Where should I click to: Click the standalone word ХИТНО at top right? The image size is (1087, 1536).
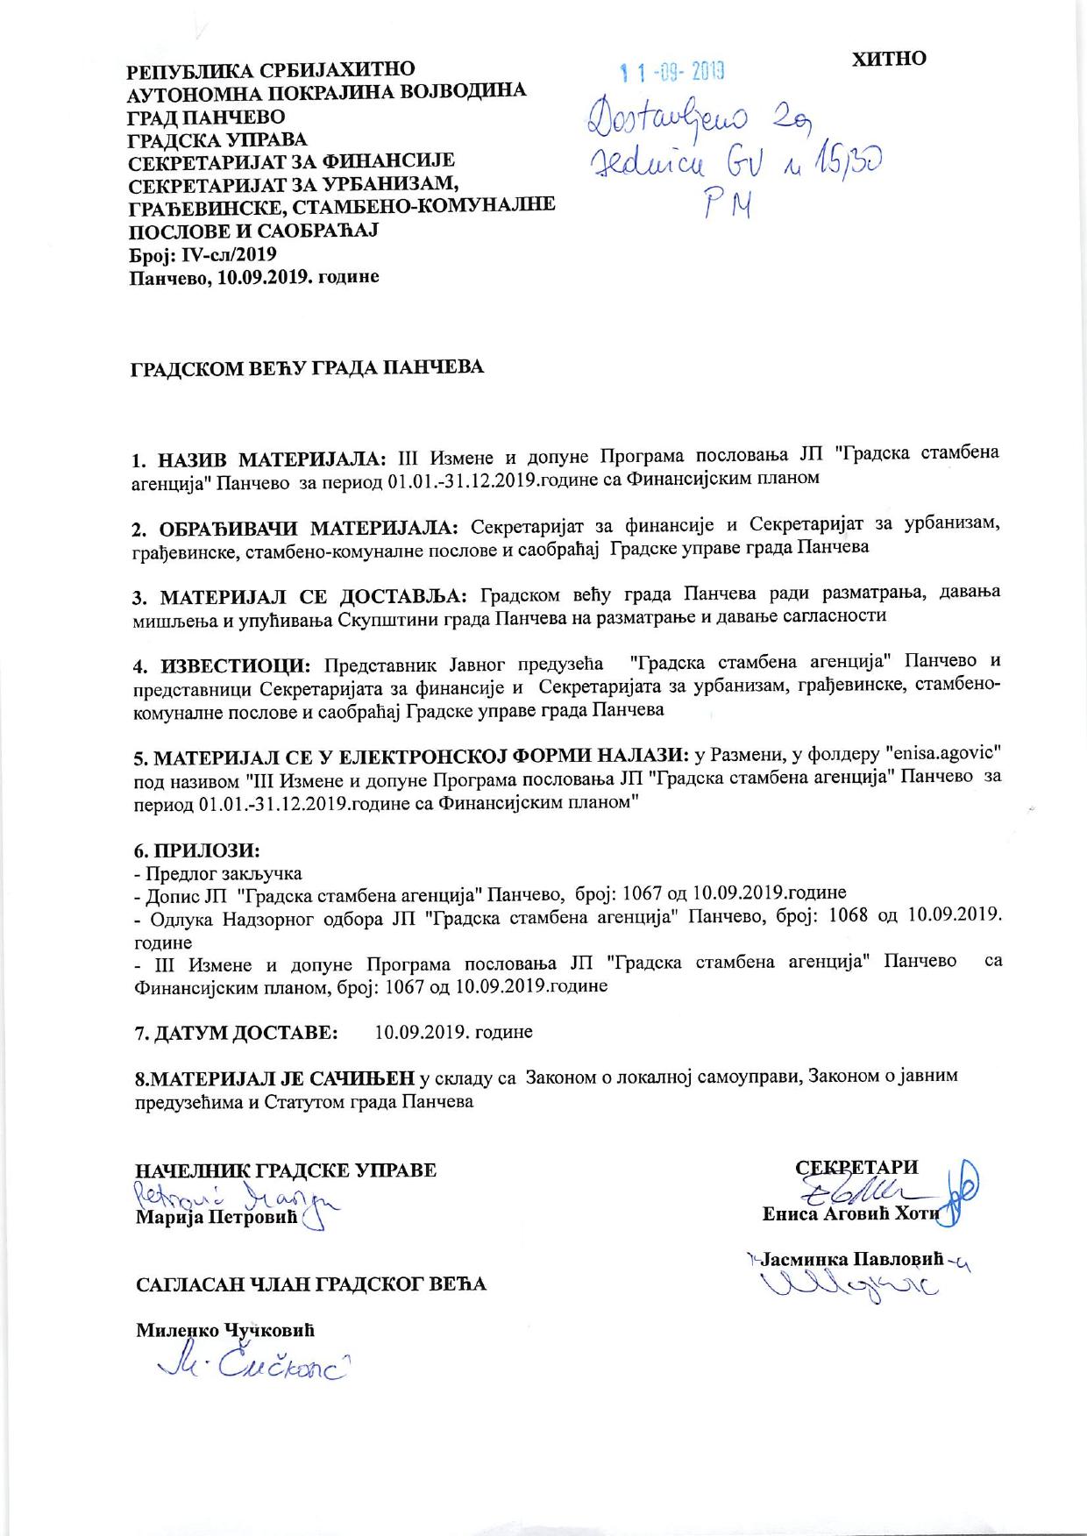point(889,59)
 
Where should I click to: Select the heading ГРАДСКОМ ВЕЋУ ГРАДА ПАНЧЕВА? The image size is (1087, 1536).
point(307,367)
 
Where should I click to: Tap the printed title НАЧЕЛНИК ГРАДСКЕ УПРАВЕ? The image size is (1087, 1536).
point(285,1170)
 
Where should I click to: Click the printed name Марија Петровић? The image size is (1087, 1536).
point(217,1219)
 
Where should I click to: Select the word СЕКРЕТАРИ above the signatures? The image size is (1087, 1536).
point(856,1167)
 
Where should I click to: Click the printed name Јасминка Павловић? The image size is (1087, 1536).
point(852,1260)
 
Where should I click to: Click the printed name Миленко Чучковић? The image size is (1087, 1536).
point(224,1329)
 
